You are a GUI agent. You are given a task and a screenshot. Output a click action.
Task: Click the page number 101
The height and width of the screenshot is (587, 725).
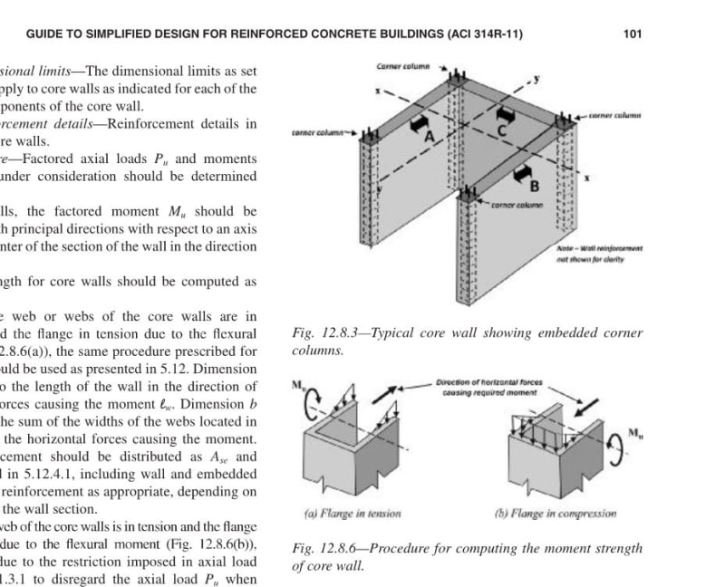point(633,34)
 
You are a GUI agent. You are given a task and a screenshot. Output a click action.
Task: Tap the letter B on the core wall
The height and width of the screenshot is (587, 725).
point(535,186)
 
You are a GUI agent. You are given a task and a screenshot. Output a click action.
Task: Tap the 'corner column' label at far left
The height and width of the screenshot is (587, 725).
point(318,132)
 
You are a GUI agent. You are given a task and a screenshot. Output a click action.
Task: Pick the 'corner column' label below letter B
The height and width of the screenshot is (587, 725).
point(516,205)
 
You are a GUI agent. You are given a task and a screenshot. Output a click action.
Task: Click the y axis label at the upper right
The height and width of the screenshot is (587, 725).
point(536,79)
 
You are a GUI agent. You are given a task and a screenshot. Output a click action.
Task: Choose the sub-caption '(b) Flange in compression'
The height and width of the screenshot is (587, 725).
point(556,513)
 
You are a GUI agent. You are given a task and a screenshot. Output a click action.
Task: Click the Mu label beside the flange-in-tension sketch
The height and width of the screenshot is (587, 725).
point(298,386)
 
